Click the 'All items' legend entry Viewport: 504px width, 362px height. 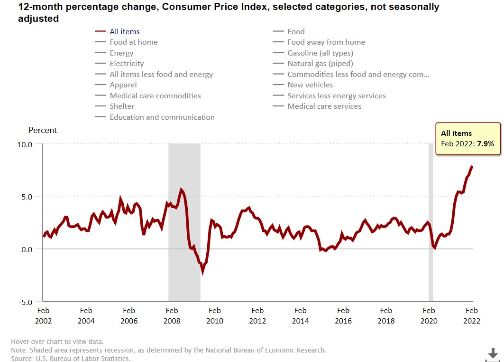pos(124,31)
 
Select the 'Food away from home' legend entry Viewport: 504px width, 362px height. pos(326,42)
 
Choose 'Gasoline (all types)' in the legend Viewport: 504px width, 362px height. pos(320,53)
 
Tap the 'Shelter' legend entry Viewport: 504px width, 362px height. pos(122,106)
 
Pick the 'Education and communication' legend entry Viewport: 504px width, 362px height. pos(162,117)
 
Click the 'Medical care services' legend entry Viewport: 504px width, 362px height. pos(324,106)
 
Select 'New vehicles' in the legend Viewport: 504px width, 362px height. pos(310,85)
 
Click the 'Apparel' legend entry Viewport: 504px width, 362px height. pos(123,85)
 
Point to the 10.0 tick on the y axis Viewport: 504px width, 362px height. pos(24,144)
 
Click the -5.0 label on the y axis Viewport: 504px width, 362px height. pos(24,302)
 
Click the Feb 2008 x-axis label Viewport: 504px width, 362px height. pos(172,315)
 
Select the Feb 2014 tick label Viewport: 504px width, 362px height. pos(300,315)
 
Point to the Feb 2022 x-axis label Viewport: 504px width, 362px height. pos(472,315)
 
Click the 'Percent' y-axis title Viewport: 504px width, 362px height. pos(43,130)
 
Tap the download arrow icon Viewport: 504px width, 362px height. pos(493,354)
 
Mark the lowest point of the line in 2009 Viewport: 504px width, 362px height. pos(202,271)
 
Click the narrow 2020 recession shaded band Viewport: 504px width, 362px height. pos(431,223)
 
